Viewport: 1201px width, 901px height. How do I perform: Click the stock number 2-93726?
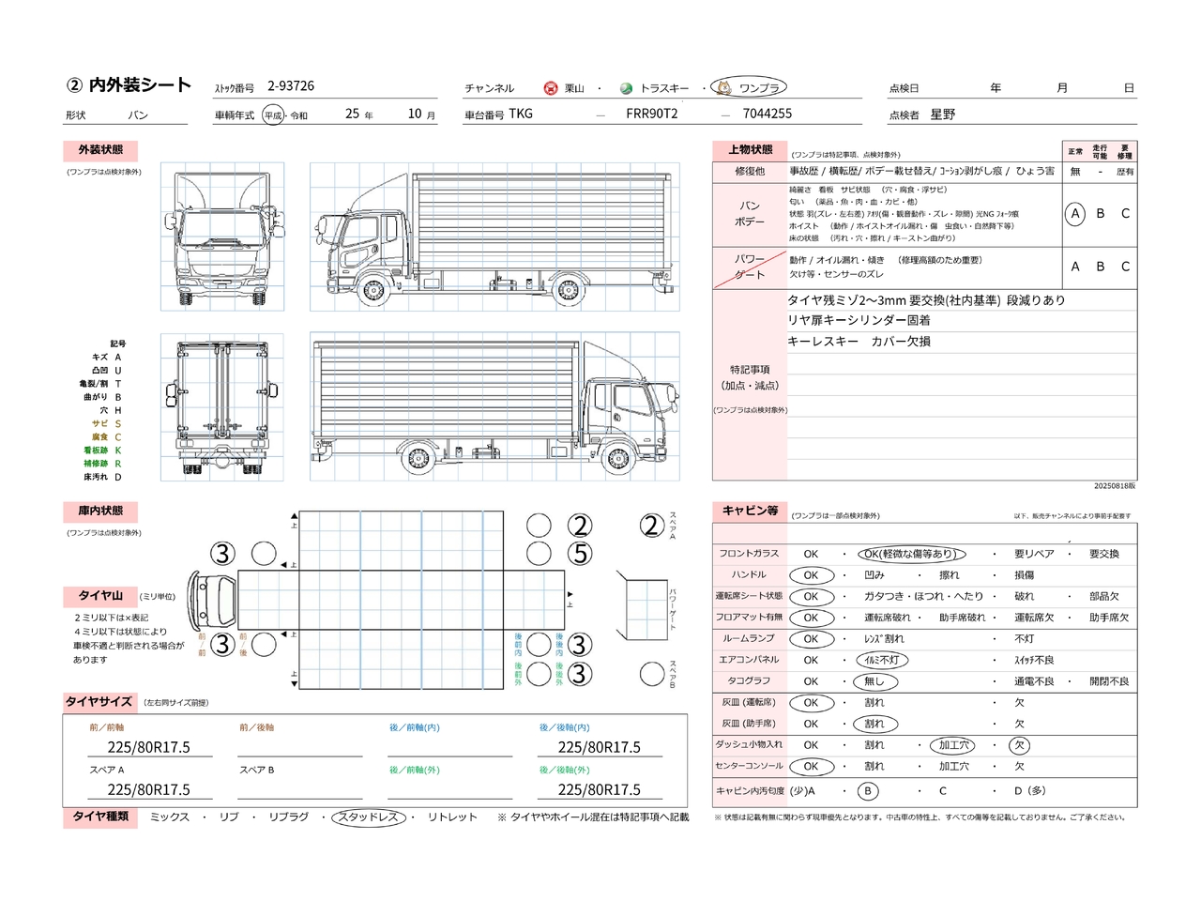(x=291, y=86)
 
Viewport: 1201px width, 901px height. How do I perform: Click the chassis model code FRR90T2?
(x=651, y=114)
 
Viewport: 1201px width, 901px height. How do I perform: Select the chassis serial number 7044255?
(x=767, y=114)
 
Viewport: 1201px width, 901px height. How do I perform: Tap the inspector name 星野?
(x=942, y=115)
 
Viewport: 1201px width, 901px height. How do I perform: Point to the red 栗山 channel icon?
(x=551, y=88)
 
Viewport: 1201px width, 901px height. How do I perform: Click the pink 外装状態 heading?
(x=100, y=150)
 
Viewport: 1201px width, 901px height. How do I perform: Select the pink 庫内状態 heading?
(x=100, y=512)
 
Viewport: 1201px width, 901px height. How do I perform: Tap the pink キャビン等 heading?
(x=750, y=511)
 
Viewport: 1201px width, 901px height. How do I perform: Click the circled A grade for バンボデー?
(x=1075, y=214)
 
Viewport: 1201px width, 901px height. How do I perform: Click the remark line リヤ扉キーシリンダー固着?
(x=859, y=321)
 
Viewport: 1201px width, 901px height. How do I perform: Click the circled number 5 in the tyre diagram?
(x=581, y=554)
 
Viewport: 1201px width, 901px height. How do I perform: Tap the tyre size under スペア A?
(x=148, y=790)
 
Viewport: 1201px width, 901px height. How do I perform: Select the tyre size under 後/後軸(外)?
(x=599, y=790)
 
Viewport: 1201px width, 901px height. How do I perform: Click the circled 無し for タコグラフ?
(x=874, y=681)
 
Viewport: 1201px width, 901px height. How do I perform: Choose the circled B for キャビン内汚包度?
(x=868, y=791)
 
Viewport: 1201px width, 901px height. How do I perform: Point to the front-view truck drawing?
(x=222, y=237)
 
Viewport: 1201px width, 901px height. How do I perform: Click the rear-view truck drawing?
(x=222, y=407)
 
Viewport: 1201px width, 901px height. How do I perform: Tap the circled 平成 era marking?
(x=273, y=115)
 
